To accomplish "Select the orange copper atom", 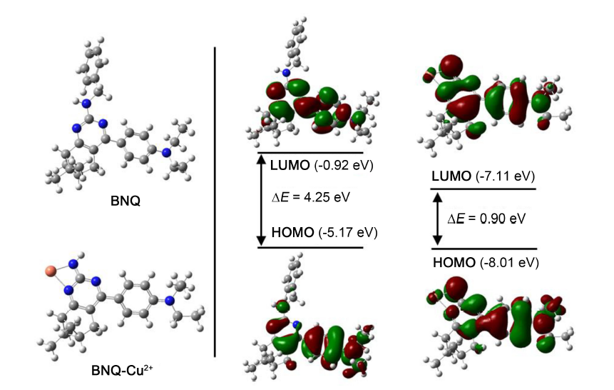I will pos(49,271).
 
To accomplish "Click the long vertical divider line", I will pos(215,200).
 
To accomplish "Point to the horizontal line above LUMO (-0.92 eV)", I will pos(310,152).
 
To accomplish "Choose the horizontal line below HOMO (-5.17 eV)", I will pos(310,248).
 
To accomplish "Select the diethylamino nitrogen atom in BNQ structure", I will pos(165,151).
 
